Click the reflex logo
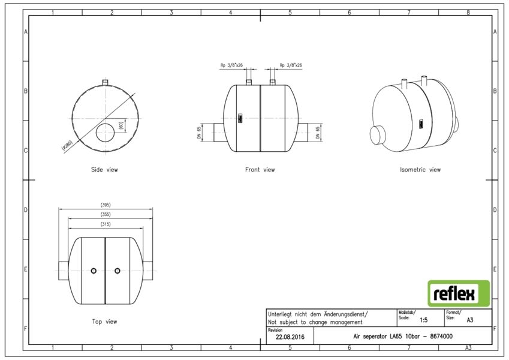click(459, 293)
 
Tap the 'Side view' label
click(104, 170)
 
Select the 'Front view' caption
click(260, 170)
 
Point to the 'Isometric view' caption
click(420, 170)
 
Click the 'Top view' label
click(104, 322)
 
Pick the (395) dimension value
click(106, 205)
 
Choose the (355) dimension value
click(106, 214)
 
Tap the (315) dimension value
click(106, 224)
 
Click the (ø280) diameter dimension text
click(69, 145)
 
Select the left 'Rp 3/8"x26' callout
click(231, 65)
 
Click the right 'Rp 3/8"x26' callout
click(291, 65)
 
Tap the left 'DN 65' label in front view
click(199, 133)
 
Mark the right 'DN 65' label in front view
click(318, 133)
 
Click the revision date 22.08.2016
click(290, 337)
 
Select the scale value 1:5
click(424, 320)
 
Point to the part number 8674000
click(441, 336)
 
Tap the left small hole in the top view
click(94, 271)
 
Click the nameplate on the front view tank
click(240, 118)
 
